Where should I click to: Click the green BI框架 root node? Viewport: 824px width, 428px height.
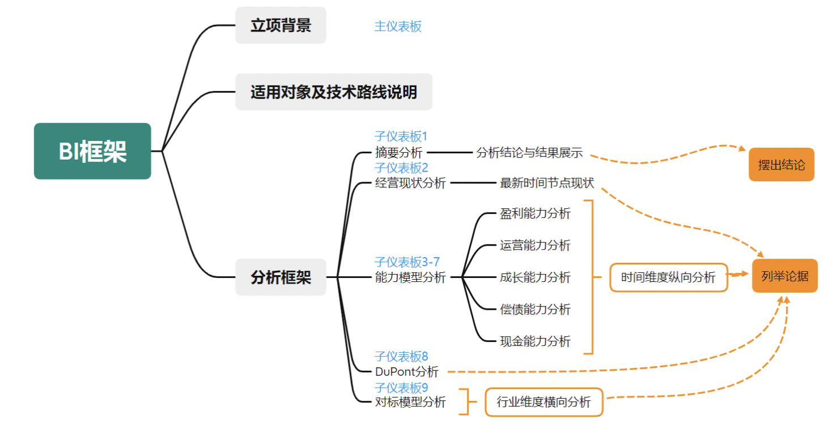(x=92, y=151)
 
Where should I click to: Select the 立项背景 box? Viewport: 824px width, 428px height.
(x=281, y=25)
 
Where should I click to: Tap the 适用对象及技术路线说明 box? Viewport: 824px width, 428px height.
(x=334, y=92)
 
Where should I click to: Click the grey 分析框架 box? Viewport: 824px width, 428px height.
(x=281, y=277)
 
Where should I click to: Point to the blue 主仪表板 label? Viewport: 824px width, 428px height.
(x=398, y=27)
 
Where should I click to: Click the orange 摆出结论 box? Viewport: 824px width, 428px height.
(x=781, y=165)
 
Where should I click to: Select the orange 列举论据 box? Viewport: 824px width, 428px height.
(x=785, y=276)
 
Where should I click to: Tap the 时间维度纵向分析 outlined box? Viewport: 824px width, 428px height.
(x=668, y=277)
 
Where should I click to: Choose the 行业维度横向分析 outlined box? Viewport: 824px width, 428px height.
(x=543, y=402)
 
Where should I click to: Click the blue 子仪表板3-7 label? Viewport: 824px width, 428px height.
(x=407, y=262)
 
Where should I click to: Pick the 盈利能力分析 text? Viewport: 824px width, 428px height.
(x=535, y=213)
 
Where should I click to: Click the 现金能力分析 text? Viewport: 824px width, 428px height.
(x=535, y=341)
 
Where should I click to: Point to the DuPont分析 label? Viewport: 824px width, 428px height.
(x=406, y=372)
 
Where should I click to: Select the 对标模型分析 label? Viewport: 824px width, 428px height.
(x=410, y=402)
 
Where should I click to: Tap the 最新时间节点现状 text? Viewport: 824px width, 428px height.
(x=547, y=183)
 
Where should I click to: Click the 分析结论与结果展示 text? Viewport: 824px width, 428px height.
(x=529, y=153)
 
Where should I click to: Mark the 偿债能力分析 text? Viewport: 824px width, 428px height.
(x=535, y=309)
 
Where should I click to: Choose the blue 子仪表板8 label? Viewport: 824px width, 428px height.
(x=401, y=356)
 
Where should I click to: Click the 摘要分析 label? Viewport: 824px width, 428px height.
(x=398, y=152)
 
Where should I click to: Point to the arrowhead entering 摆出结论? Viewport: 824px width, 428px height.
(x=742, y=148)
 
